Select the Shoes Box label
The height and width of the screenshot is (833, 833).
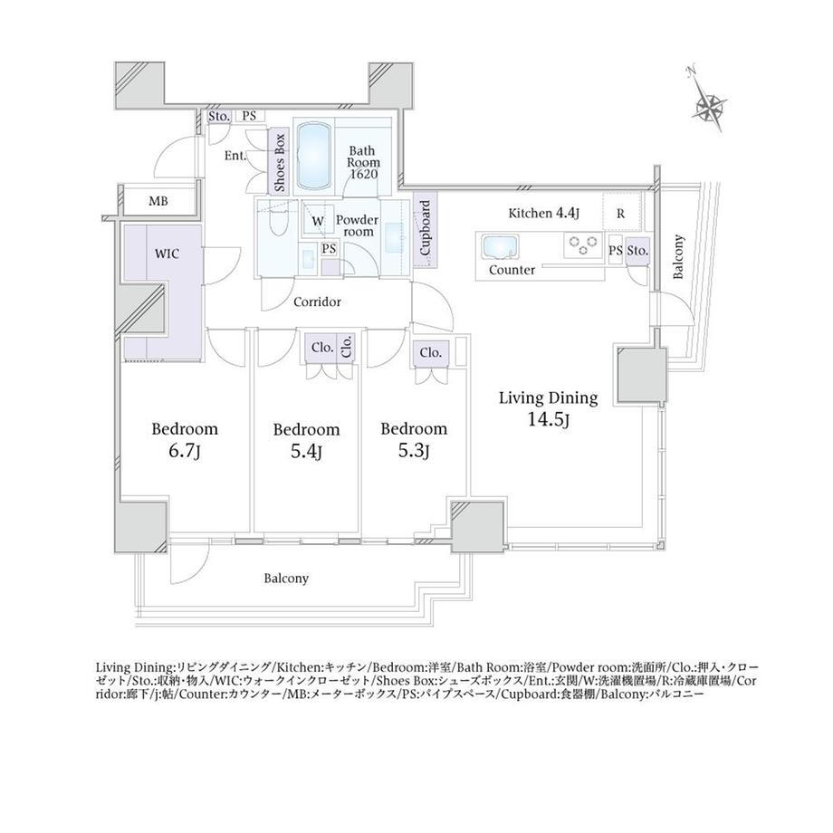point(280,162)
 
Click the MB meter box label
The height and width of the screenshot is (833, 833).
point(158,201)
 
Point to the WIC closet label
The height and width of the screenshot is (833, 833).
point(167,254)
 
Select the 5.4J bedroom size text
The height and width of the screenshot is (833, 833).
point(307,452)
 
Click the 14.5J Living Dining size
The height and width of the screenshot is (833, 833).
point(549,420)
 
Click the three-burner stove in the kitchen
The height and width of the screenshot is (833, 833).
point(583,245)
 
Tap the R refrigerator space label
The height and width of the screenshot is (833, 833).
point(620,214)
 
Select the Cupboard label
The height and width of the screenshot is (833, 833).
point(425,228)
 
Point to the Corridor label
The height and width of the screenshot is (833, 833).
point(317,302)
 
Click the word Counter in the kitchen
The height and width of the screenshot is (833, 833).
point(512,270)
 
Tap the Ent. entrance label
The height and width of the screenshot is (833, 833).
point(235,156)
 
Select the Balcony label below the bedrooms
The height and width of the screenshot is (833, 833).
point(286,578)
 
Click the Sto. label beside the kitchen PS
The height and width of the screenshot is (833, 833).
point(637,250)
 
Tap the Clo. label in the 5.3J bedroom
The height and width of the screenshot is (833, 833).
point(430,352)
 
